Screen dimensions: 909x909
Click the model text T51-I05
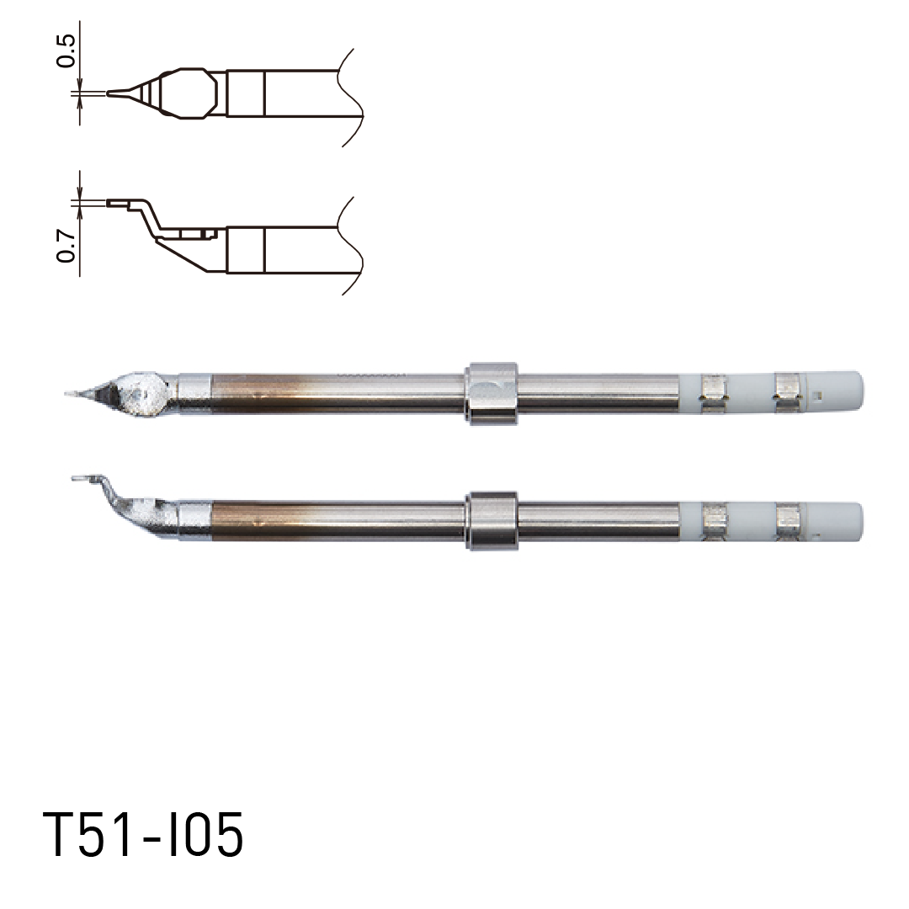point(143,836)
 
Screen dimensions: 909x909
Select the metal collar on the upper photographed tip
point(492,393)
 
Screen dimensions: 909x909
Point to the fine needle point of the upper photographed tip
point(71,392)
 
